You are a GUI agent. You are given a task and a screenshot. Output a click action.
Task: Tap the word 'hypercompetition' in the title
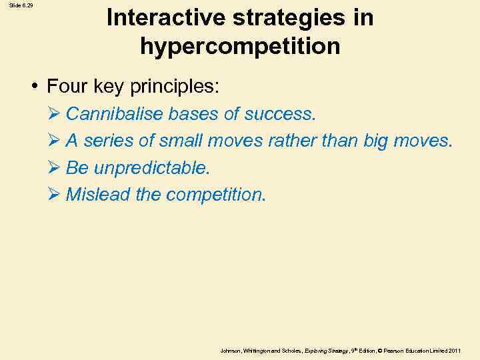pos(240,47)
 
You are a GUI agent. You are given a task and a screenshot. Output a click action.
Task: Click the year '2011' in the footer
pos(455,350)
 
